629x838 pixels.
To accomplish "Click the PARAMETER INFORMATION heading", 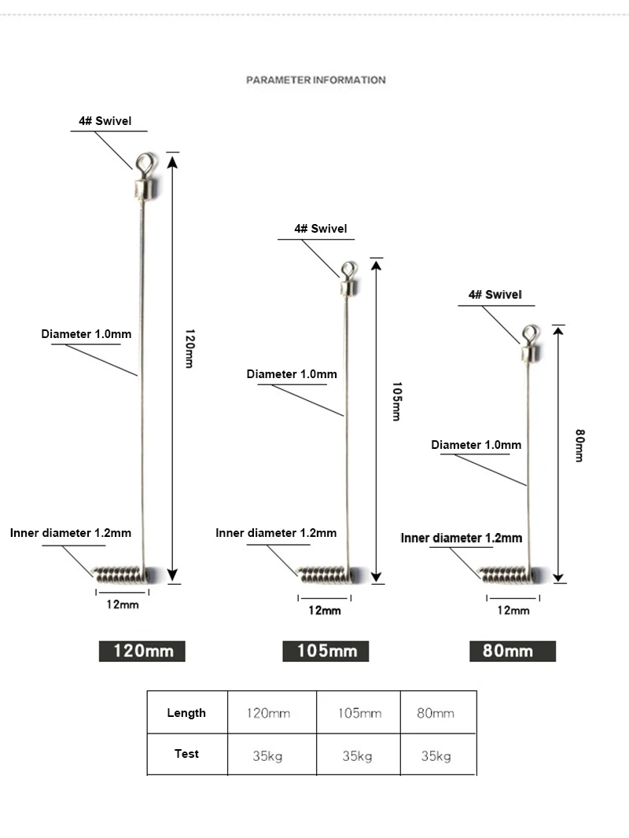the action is pos(315,80).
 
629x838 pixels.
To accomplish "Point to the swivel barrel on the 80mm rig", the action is pos(531,353).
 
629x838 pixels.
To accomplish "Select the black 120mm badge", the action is pos(142,651).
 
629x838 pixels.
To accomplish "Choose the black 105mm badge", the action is pos(326,651).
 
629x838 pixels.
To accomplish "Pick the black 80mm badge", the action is pos(513,651).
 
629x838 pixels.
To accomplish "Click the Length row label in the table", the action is pos(186,713).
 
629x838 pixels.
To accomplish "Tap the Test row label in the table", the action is pos(186,754).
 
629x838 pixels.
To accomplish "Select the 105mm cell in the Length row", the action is pos(359,713).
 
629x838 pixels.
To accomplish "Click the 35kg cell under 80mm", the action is pos(436,755).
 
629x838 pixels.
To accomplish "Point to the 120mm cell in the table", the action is pos(268,713).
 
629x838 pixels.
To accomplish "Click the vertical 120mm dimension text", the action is pos(189,348).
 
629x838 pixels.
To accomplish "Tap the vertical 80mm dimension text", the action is pos(579,445).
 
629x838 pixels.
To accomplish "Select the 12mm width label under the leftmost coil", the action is pos(123,605).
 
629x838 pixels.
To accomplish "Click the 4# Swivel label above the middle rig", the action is pos(321,229).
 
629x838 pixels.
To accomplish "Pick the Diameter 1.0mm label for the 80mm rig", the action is pos(476,445).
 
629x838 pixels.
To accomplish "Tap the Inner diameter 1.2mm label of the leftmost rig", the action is pos(71,533).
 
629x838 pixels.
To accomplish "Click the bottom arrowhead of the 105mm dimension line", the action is pos(377,577).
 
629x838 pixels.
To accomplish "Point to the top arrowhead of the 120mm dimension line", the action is pos(172,162).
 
